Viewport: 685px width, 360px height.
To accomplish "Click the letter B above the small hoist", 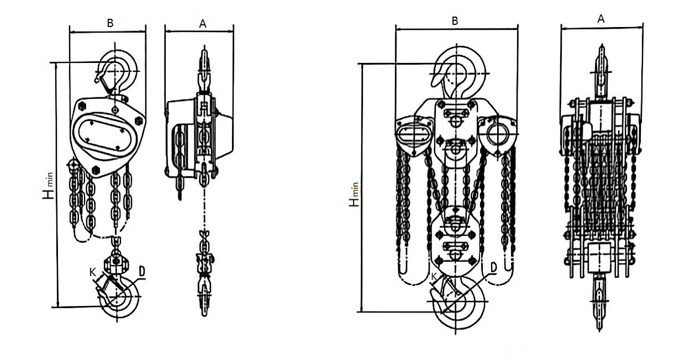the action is (x=110, y=23).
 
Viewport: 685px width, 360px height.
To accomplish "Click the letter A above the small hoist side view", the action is (x=202, y=24).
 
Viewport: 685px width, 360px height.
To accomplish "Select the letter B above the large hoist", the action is (x=455, y=21).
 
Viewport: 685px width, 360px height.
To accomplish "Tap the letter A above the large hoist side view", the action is (x=601, y=19).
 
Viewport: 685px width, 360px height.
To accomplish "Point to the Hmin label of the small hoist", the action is (x=48, y=186).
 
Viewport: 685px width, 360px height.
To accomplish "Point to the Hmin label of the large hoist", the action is (x=354, y=195).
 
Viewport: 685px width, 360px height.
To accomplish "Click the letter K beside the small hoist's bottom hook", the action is (x=93, y=272).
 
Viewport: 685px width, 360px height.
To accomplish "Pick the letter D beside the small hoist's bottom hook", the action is (x=141, y=271).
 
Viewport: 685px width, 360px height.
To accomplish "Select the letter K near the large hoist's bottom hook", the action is (x=434, y=277).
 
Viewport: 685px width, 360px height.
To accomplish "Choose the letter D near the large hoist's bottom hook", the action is (x=493, y=268).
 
